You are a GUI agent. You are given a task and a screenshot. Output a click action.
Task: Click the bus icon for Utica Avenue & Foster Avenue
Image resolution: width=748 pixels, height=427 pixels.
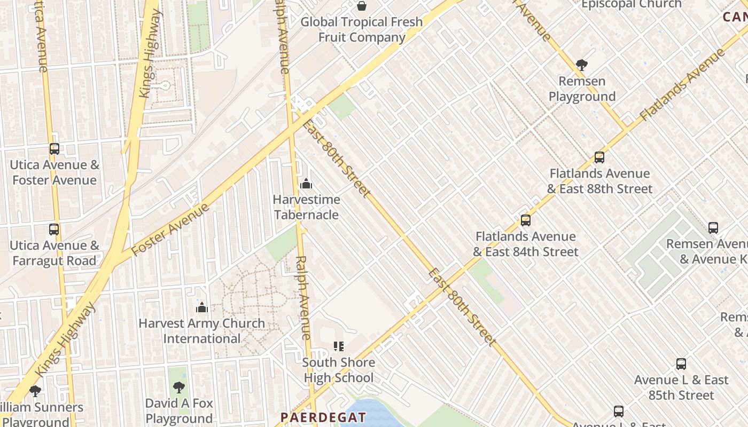click(54, 149)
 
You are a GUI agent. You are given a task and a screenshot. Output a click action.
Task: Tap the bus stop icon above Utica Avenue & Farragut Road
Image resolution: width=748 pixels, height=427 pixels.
click(54, 230)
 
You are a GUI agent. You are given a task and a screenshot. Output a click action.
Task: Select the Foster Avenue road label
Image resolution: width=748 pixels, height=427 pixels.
click(170, 230)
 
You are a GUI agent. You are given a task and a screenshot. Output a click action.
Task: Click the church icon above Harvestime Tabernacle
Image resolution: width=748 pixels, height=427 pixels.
click(306, 184)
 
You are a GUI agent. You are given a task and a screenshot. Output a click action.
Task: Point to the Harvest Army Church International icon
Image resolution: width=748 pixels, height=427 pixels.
click(201, 307)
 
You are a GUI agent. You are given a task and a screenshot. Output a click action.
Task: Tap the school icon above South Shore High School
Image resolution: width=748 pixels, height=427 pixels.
click(338, 346)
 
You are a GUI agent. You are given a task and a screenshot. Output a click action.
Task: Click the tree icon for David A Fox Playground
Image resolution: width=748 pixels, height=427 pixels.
click(179, 388)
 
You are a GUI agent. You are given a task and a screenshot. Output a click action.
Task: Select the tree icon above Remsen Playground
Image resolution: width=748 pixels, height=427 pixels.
click(582, 66)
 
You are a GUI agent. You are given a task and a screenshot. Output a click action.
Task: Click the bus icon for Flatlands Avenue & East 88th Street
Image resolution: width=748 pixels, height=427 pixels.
click(599, 157)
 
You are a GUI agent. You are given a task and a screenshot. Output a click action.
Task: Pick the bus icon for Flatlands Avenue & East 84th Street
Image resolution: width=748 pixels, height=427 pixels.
click(526, 220)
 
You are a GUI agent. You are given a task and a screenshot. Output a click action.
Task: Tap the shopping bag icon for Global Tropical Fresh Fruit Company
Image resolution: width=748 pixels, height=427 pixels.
click(362, 6)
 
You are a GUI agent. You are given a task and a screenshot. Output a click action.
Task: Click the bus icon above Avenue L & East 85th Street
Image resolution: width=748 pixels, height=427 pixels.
click(681, 364)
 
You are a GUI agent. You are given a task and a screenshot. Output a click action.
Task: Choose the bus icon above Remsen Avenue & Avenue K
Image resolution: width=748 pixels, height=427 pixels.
click(713, 228)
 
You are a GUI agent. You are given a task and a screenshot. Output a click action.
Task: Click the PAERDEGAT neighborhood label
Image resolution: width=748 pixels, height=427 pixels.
click(324, 417)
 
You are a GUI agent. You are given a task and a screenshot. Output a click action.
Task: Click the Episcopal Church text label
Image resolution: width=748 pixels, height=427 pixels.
click(631, 4)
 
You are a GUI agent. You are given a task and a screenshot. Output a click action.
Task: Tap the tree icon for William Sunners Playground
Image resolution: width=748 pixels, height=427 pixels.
click(35, 391)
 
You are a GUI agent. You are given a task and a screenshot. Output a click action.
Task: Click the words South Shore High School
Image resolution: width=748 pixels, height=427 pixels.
click(339, 370)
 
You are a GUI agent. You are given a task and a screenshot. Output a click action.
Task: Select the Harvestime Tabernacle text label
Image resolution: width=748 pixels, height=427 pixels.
click(306, 207)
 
